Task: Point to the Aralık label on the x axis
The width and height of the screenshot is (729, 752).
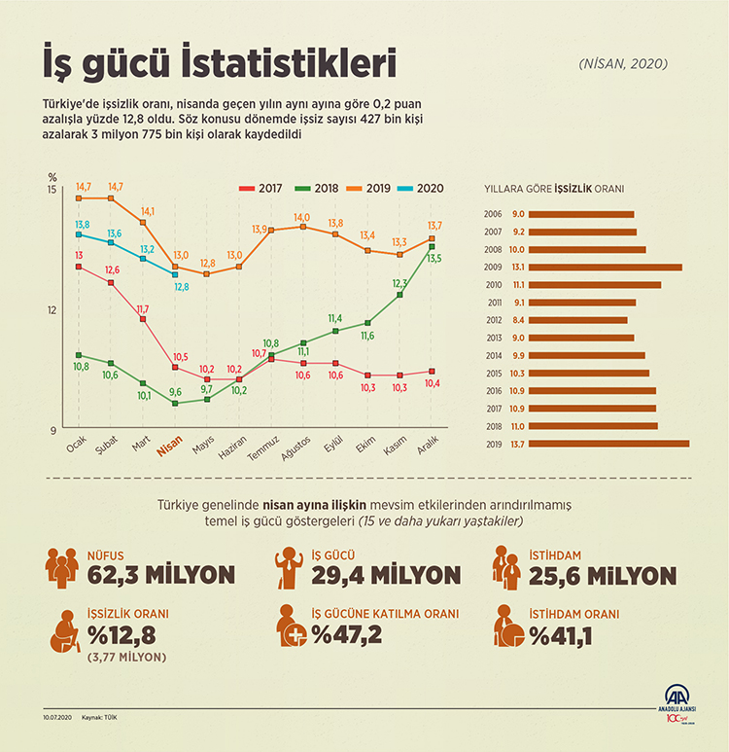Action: point(429,448)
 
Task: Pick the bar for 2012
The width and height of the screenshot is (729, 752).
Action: point(579,319)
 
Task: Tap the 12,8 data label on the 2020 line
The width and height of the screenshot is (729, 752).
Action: point(182,287)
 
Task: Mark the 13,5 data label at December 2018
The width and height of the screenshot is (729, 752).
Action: point(434,258)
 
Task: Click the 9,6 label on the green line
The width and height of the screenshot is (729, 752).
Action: point(176,391)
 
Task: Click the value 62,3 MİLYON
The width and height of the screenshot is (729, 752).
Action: point(160,575)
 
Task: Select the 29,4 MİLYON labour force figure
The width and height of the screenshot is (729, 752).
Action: point(386,575)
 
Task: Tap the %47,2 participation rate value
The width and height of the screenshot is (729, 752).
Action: point(346,635)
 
